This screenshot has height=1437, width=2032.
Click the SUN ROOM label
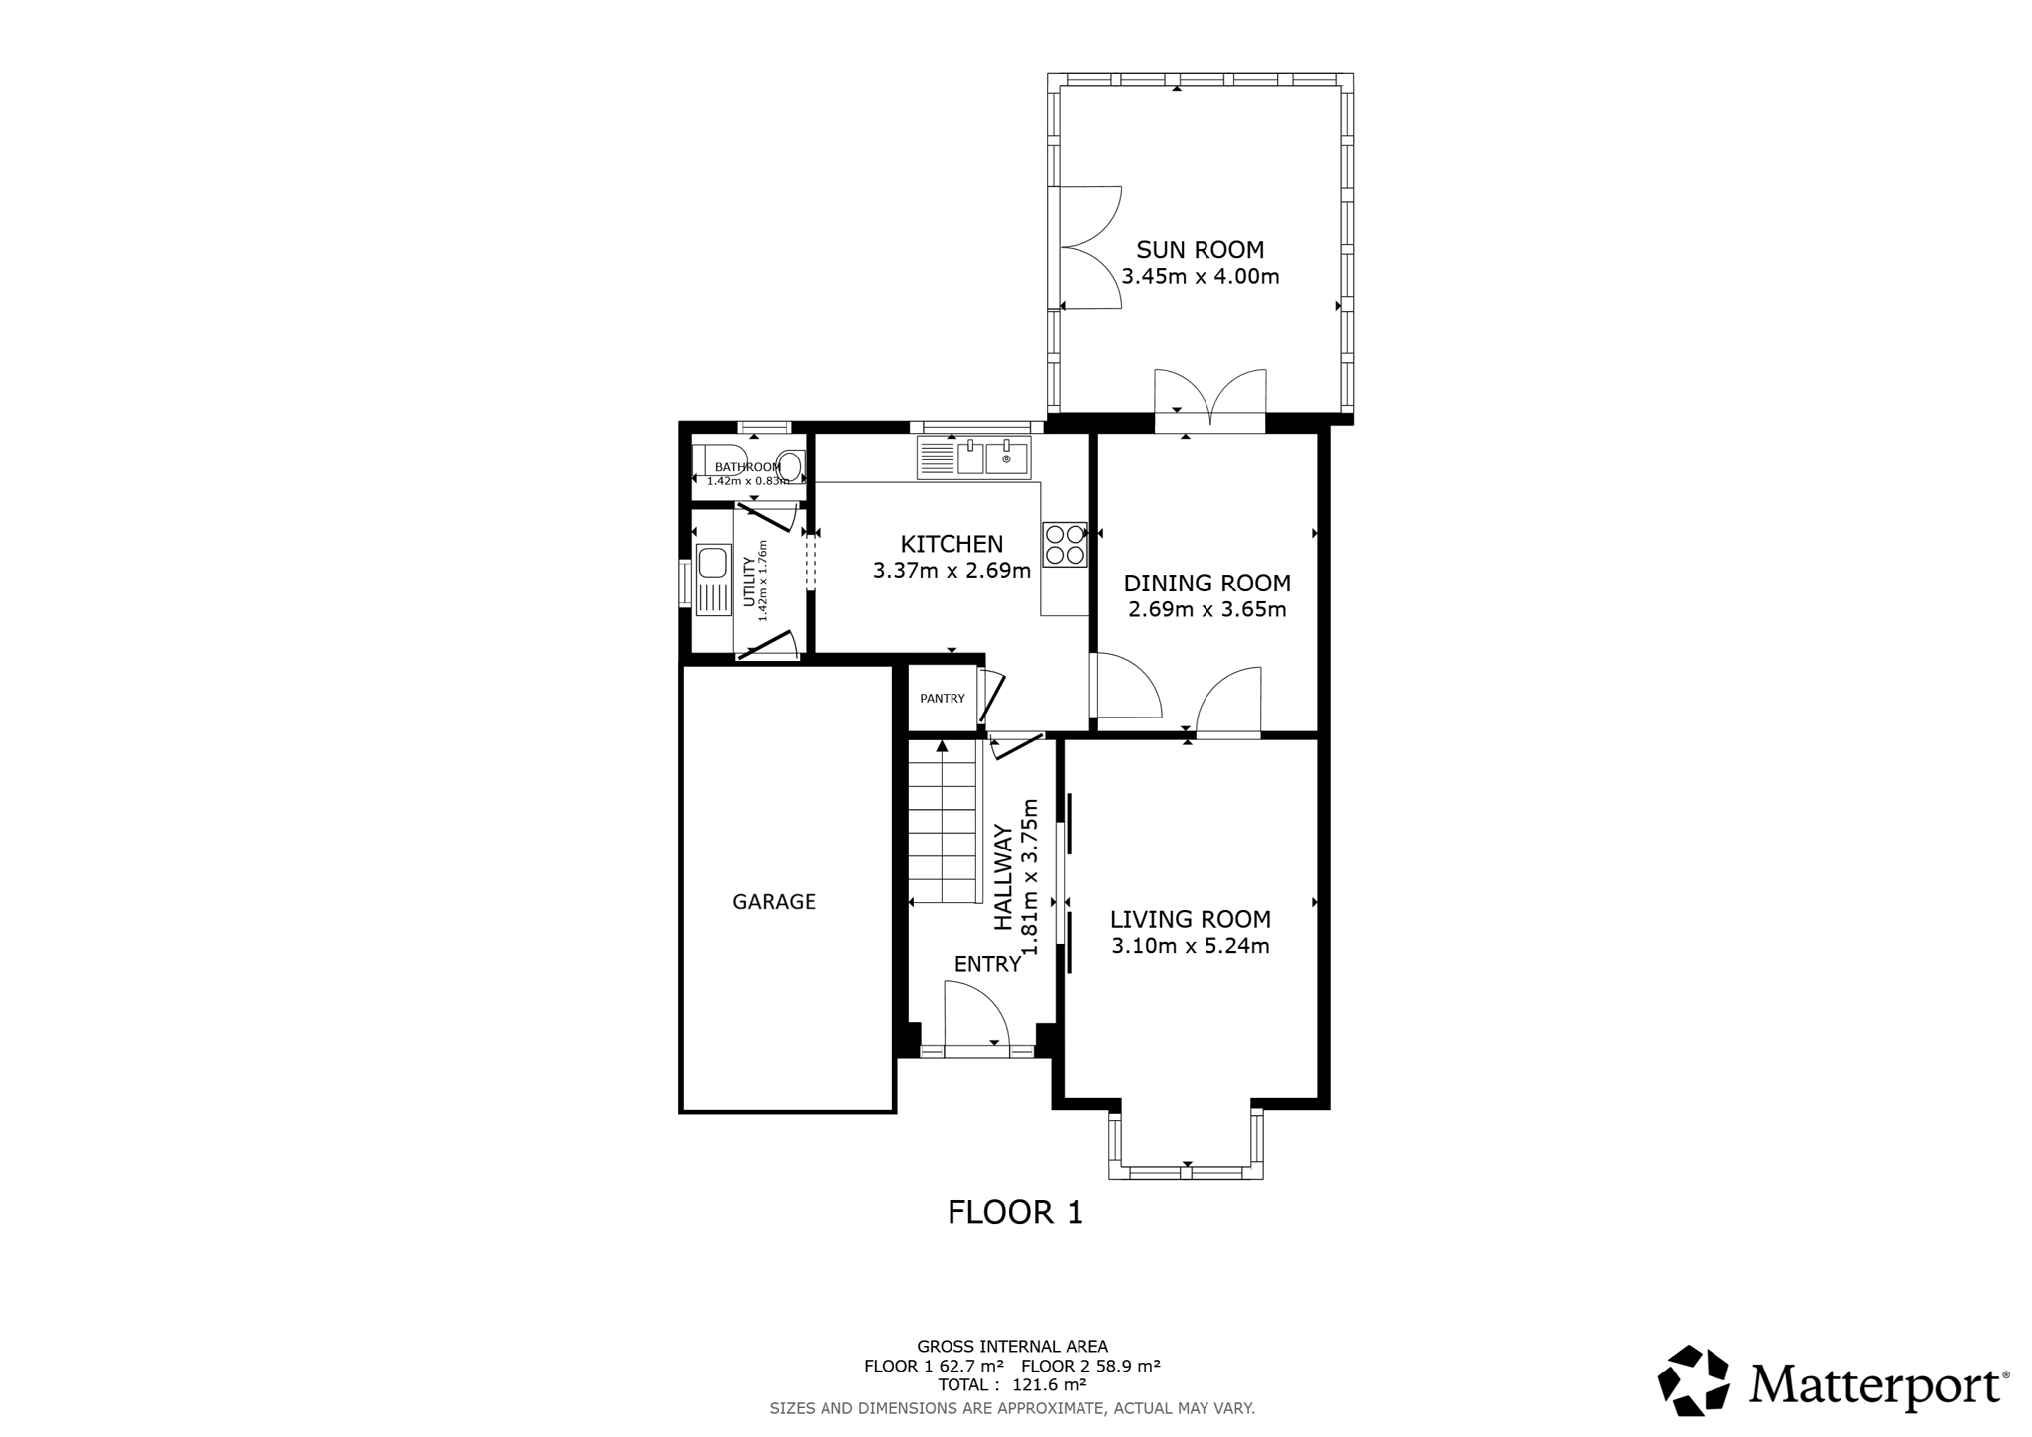pyautogui.click(x=1201, y=250)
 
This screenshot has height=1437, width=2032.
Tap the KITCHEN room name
pyautogui.click(x=952, y=544)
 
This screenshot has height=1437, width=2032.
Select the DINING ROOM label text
pyautogui.click(x=1207, y=583)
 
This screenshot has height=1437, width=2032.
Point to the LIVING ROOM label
pyautogui.click(x=1191, y=920)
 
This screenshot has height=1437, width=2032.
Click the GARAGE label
pyautogui.click(x=774, y=902)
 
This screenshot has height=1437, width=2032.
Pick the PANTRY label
pyautogui.click(x=943, y=699)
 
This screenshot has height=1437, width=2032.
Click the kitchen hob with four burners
pyautogui.click(x=1065, y=545)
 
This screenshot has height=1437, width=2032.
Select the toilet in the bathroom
pyautogui.click(x=790, y=463)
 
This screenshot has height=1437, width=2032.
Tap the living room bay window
pyautogui.click(x=1187, y=1144)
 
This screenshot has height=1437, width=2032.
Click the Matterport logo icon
pyautogui.click(x=1694, y=1380)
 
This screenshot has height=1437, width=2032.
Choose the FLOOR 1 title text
pyautogui.click(x=1015, y=1212)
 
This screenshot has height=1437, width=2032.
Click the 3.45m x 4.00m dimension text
pyautogui.click(x=1201, y=277)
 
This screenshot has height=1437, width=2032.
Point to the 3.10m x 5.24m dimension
pyautogui.click(x=1191, y=946)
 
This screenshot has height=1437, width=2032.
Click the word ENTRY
pyautogui.click(x=987, y=964)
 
